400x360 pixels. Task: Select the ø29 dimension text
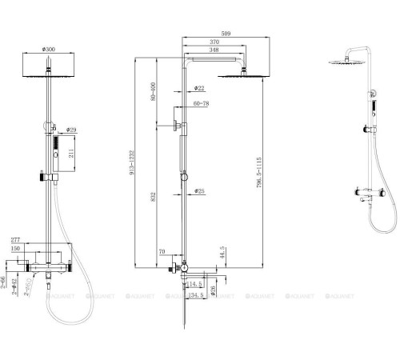click(x=71, y=129)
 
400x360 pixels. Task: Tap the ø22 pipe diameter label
click(x=199, y=88)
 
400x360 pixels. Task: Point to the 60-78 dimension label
click(x=202, y=103)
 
